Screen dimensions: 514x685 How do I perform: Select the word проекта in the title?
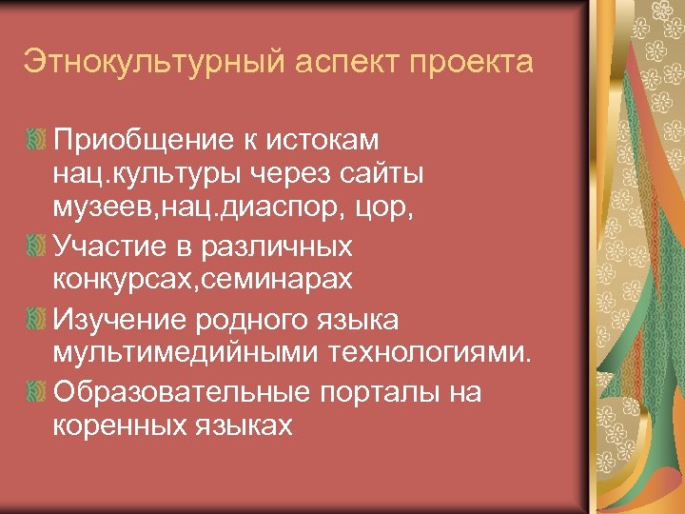[x=474, y=65]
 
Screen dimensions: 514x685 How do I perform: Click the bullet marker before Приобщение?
[x=35, y=140]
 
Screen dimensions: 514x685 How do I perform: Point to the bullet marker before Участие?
[x=35, y=247]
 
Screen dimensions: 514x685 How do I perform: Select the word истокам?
[x=330, y=140]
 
